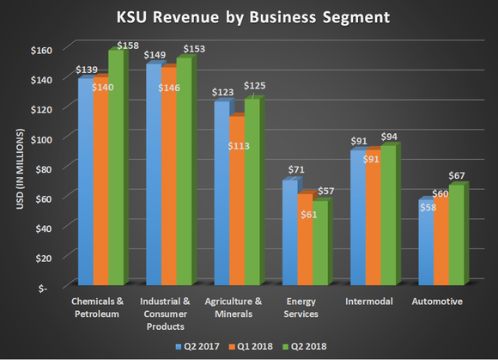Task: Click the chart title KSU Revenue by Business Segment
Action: click(249, 17)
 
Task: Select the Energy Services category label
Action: click(301, 308)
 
